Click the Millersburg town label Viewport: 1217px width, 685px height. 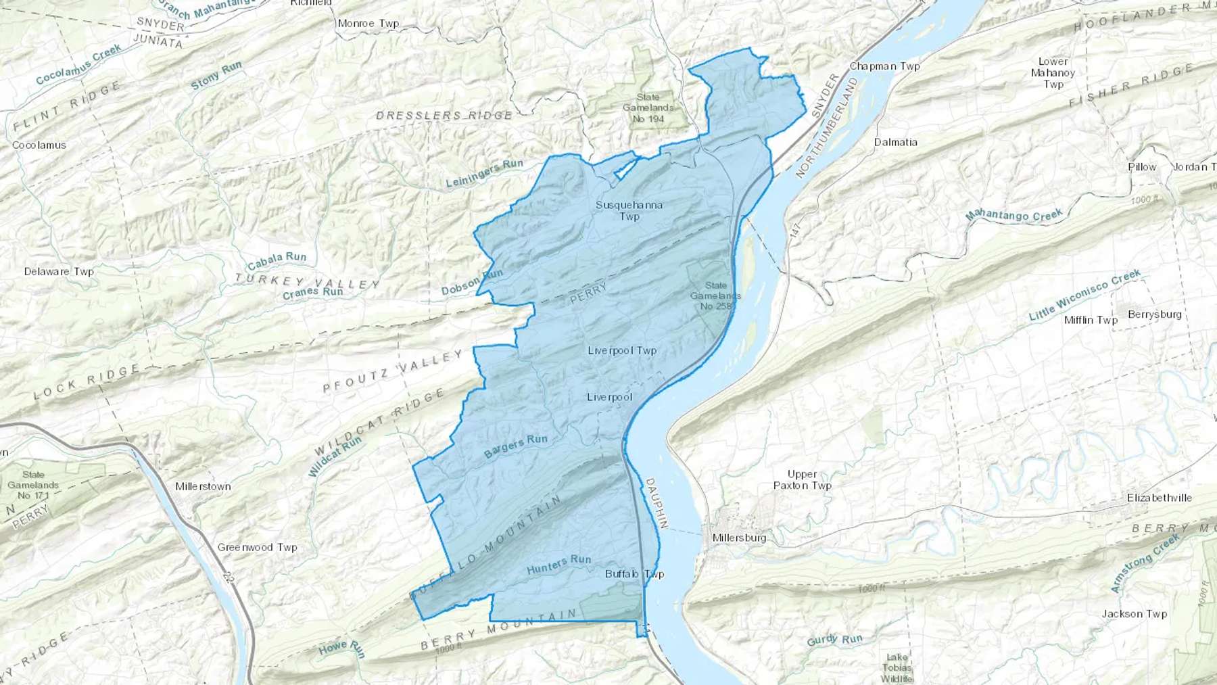click(x=739, y=538)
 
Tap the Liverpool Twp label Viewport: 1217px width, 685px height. click(x=622, y=350)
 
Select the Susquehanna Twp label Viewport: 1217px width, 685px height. click(x=629, y=210)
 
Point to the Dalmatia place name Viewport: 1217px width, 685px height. click(x=895, y=142)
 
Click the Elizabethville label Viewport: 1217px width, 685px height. click(x=1159, y=498)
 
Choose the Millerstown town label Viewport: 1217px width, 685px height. click(x=203, y=486)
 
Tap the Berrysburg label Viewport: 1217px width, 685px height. click(x=1154, y=314)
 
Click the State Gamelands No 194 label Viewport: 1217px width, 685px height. click(x=648, y=108)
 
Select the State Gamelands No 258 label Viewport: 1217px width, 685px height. click(x=715, y=296)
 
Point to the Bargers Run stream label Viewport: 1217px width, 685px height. click(x=516, y=446)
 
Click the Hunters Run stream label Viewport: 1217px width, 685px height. click(x=558, y=563)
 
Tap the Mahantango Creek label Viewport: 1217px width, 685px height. click(x=1013, y=216)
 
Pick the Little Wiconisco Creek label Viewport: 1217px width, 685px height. click(x=1084, y=296)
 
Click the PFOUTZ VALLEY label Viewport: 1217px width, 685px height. click(x=393, y=371)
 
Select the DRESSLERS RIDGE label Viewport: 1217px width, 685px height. click(x=444, y=116)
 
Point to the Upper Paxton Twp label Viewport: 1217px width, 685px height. click(x=802, y=479)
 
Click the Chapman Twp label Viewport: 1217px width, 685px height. click(x=884, y=66)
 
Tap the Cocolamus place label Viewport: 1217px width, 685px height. click(x=39, y=145)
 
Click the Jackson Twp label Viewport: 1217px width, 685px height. click(x=1134, y=614)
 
